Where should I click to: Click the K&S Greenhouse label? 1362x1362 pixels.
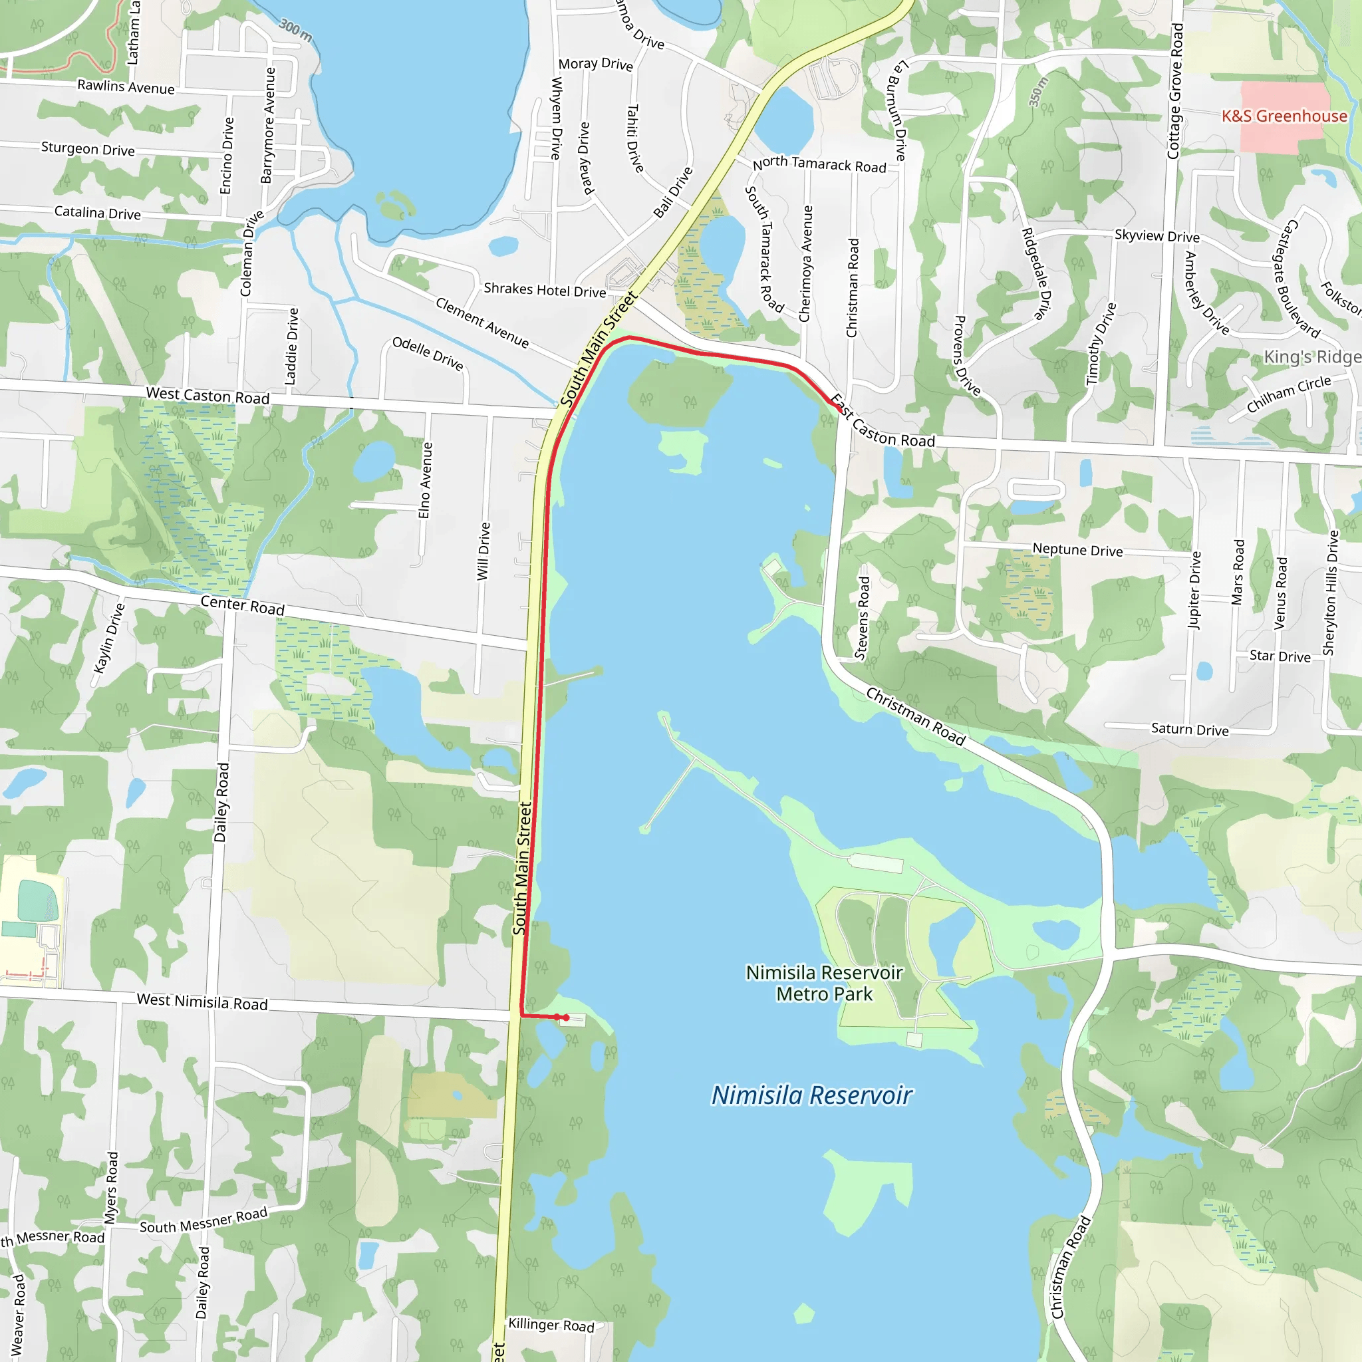[x=1284, y=116]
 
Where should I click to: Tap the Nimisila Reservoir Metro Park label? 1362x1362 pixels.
[x=824, y=984]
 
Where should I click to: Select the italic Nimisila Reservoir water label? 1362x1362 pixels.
[x=811, y=1095]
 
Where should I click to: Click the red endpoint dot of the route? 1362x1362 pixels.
[x=565, y=1018]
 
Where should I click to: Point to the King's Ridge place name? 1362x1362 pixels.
[x=1311, y=356]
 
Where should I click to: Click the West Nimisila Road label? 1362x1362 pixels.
[x=202, y=1002]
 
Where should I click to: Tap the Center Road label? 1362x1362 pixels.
[x=243, y=606]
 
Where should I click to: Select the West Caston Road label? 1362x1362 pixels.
[x=207, y=396]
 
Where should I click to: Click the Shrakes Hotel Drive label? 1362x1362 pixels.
[x=544, y=290]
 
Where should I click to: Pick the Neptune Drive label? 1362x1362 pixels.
[x=1077, y=550]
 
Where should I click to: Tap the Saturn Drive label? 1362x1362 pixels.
[x=1189, y=730]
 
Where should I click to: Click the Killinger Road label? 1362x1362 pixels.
[x=551, y=1325]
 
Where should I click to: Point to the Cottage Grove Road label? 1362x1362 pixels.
[x=1175, y=91]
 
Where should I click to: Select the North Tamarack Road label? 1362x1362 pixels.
[x=819, y=164]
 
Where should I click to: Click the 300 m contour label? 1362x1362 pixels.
[x=295, y=30]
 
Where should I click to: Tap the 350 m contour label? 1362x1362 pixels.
[x=1038, y=92]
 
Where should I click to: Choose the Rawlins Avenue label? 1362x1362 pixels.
[x=126, y=86]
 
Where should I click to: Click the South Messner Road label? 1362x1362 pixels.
[x=203, y=1220]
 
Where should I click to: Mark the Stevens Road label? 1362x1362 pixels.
[x=862, y=618]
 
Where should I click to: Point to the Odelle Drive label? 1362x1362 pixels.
[x=427, y=353]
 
